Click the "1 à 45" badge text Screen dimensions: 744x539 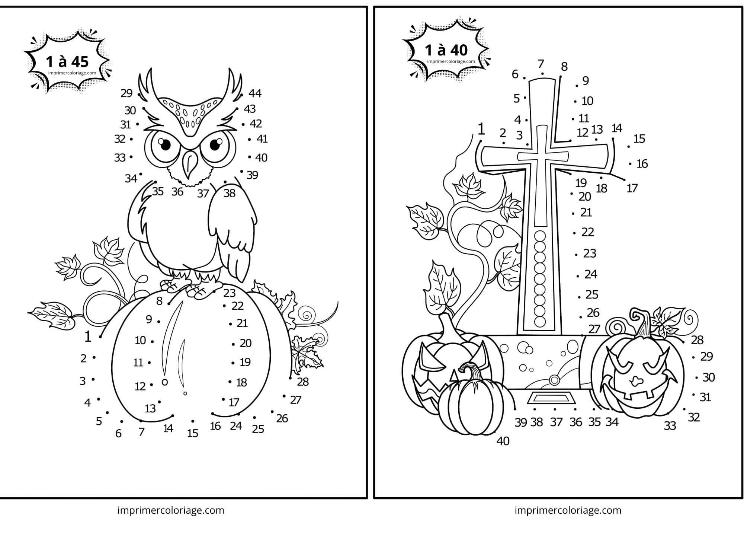point(67,62)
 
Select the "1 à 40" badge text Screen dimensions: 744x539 point(446,50)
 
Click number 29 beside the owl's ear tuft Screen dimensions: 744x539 point(126,93)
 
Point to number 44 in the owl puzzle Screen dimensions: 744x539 point(255,93)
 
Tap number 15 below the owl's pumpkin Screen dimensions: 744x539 point(193,433)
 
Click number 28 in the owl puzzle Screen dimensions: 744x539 point(303,382)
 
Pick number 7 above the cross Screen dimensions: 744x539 point(541,64)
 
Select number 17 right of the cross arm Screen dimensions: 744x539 point(632,188)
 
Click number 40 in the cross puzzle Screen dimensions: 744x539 point(503,441)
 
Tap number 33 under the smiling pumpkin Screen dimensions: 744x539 point(670,425)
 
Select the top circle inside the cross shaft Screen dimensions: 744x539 point(540,236)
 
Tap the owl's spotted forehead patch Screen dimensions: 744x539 point(190,112)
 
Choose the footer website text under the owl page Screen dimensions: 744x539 point(171,510)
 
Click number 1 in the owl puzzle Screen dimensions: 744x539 point(88,337)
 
